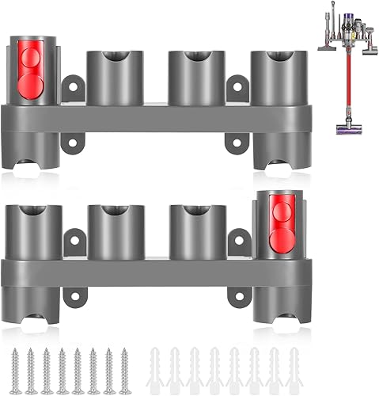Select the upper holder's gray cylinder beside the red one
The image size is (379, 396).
111,76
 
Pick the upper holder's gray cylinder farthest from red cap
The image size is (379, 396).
273,76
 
